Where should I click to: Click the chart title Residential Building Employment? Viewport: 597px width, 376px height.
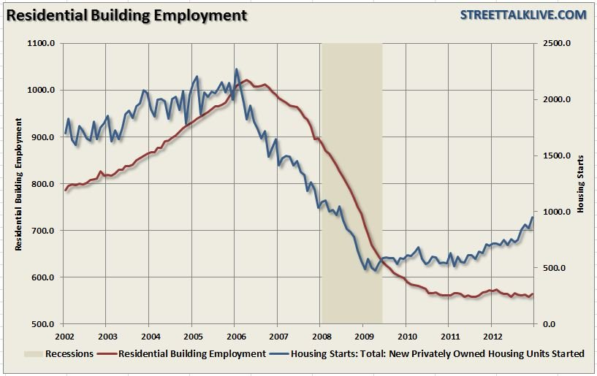point(126,15)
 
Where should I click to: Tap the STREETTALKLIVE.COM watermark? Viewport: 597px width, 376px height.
point(523,15)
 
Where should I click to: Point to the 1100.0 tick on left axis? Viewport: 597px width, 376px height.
point(42,44)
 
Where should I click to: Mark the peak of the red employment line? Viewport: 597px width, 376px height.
point(246,80)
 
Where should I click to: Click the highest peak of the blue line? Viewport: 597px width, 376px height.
point(236,69)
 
